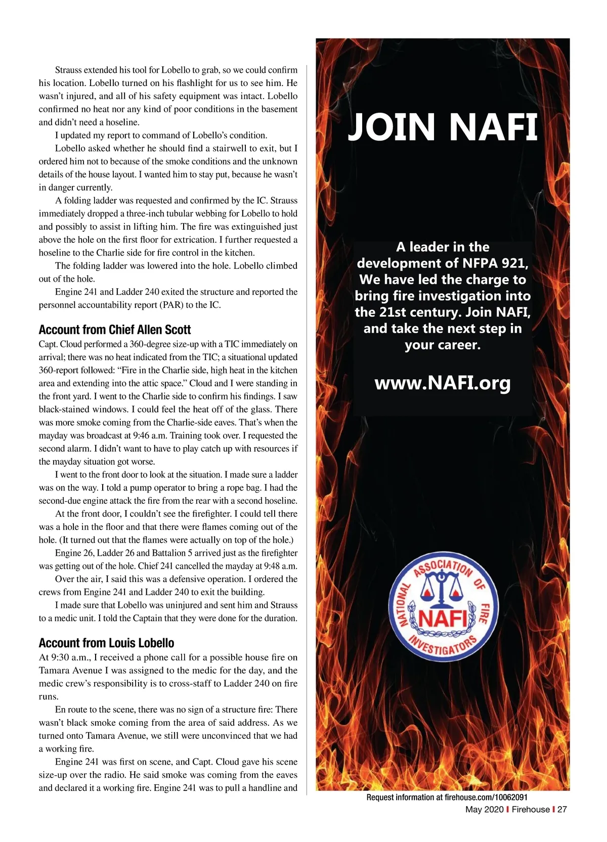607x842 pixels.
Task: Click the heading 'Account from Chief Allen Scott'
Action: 115,330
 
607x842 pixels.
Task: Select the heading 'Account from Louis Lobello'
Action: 106,643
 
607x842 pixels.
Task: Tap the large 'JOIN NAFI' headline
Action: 442,127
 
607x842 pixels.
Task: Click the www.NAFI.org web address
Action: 442,383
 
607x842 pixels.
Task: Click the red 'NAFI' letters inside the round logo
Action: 443,618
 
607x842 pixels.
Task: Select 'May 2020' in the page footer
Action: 484,809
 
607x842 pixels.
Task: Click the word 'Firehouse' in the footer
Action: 530,809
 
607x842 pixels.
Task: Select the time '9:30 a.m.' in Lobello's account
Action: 65,657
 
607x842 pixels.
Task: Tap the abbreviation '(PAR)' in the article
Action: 172,305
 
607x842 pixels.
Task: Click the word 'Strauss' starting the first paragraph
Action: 69,70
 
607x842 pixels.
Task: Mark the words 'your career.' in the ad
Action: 442,345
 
